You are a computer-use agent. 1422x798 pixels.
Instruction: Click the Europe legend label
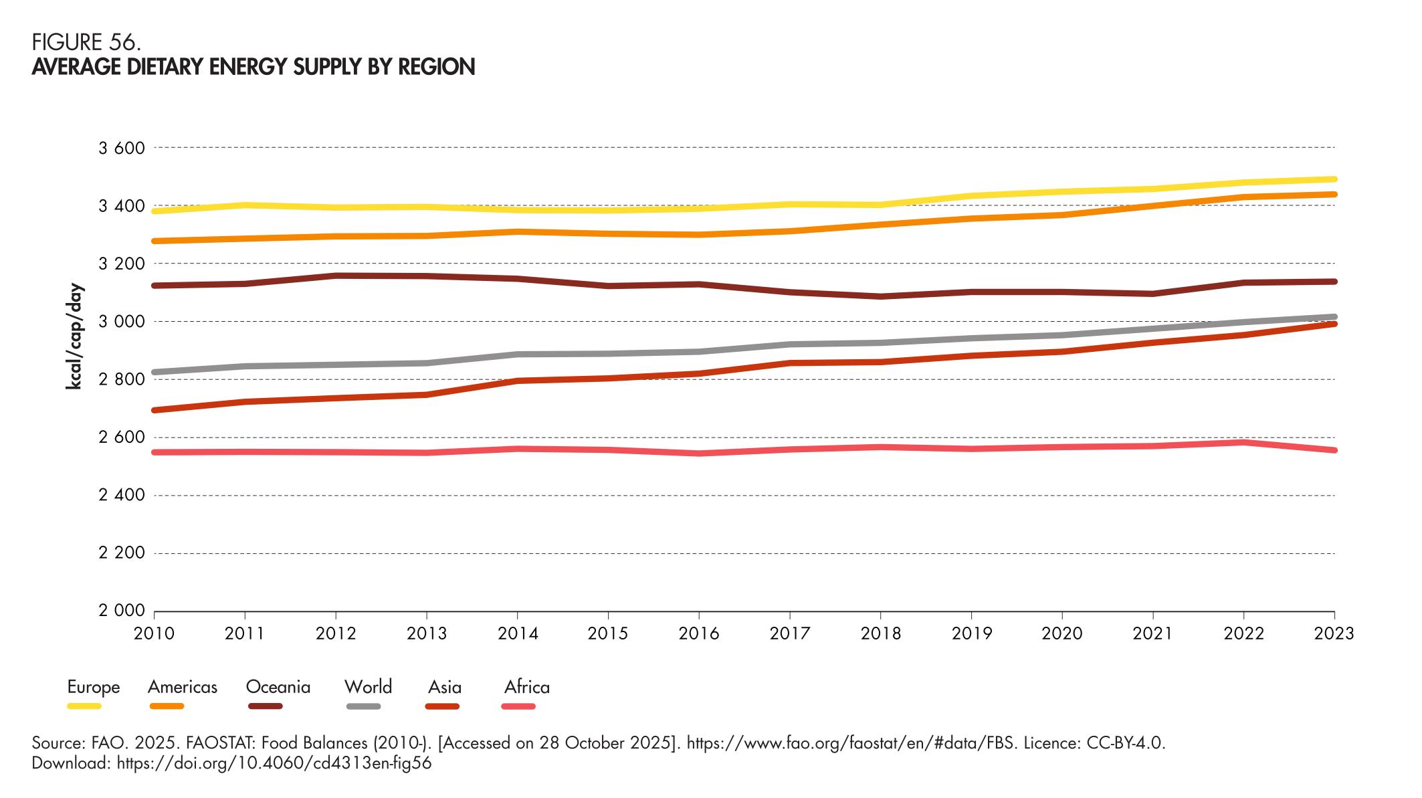pyautogui.click(x=93, y=687)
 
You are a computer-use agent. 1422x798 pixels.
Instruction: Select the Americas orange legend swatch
pyautogui.click(x=165, y=706)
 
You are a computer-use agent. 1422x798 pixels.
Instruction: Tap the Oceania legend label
pyautogui.click(x=278, y=687)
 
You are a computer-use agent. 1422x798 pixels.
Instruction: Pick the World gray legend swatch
pyautogui.click(x=363, y=706)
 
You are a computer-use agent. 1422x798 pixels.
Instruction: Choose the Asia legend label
pyautogui.click(x=445, y=687)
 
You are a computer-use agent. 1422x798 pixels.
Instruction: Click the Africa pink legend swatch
pyautogui.click(x=518, y=706)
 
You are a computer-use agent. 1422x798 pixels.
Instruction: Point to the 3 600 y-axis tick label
pyautogui.click(x=122, y=148)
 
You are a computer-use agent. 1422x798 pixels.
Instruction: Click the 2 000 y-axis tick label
pyautogui.click(x=122, y=611)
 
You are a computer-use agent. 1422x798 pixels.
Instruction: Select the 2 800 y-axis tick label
pyautogui.click(x=122, y=380)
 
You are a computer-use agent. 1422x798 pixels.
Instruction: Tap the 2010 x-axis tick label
pyautogui.click(x=155, y=633)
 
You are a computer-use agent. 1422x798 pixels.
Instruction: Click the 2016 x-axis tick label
pyautogui.click(x=699, y=633)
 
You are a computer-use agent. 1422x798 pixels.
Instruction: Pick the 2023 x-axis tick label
pyautogui.click(x=1334, y=633)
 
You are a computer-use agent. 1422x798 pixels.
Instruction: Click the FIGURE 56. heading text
pyautogui.click(x=86, y=43)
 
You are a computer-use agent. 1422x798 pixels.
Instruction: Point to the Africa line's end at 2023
pyautogui.click(x=1334, y=450)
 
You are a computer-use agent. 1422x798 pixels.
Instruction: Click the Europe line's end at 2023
pyautogui.click(x=1334, y=179)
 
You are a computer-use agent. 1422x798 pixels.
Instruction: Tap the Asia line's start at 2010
pyautogui.click(x=155, y=410)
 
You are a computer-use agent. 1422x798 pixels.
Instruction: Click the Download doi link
pyautogui.click(x=274, y=763)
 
